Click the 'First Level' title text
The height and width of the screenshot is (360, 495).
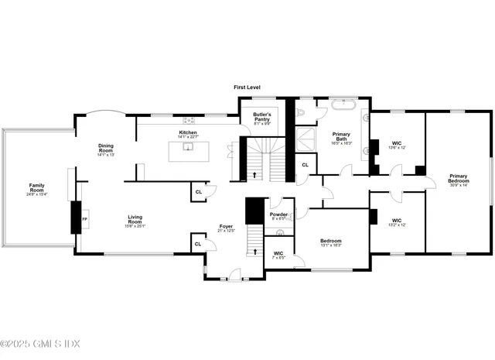click(x=247, y=88)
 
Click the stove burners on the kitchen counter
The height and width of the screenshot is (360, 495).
click(x=188, y=120)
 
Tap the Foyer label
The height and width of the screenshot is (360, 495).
click(x=226, y=228)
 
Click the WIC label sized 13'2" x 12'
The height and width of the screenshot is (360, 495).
click(x=396, y=220)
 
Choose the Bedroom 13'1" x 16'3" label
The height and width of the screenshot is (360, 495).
click(x=331, y=242)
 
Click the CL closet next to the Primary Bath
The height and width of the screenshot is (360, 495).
click(x=305, y=165)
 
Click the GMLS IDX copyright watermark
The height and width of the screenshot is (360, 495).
click(x=40, y=344)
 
